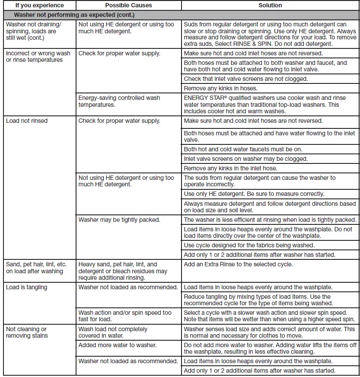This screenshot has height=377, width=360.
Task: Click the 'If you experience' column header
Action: pos(39,5)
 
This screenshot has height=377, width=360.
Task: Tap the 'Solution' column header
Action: pos(270,5)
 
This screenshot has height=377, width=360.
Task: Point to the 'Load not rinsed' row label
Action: pos(27,121)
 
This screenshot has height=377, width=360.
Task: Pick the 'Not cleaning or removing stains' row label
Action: pos(27,332)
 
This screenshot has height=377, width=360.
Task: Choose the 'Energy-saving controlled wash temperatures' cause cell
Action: pos(119,101)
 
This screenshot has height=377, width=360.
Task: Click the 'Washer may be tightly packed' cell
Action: pos(119,220)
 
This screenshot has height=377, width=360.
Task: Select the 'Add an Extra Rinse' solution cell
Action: pos(238,264)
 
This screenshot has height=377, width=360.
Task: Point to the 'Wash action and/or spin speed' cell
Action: pos(125,316)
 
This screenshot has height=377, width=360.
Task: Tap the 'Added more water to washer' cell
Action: pos(118,345)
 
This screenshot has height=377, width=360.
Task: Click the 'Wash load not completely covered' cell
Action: pos(113,332)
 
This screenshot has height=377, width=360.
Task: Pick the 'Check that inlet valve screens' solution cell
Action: pos(245,79)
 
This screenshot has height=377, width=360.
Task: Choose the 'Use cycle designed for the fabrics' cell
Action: pos(248,245)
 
